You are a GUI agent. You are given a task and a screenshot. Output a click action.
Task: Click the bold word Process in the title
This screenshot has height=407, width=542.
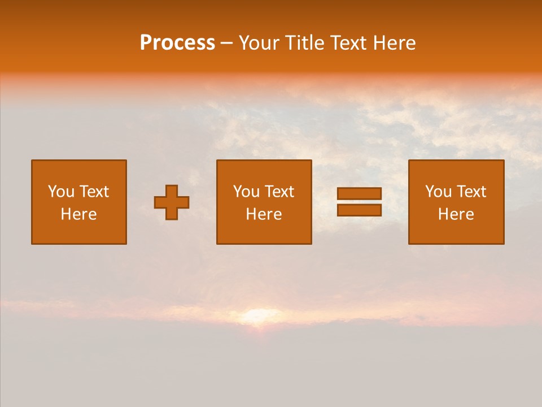[177, 43]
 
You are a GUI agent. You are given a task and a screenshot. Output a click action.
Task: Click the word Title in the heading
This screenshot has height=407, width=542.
[304, 43]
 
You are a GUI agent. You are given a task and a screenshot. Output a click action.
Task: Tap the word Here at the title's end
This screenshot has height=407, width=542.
[394, 43]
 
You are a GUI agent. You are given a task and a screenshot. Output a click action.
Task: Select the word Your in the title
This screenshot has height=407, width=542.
[259, 43]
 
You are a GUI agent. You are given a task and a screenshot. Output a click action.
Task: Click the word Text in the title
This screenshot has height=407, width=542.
[348, 43]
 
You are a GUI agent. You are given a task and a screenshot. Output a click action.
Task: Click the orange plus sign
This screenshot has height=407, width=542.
[172, 202]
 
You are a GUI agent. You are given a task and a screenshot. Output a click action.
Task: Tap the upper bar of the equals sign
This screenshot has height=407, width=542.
[359, 193]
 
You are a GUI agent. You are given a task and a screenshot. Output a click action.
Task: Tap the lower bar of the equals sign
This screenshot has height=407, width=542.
[359, 210]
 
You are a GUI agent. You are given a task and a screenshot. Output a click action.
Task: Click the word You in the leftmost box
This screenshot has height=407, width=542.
[60, 192]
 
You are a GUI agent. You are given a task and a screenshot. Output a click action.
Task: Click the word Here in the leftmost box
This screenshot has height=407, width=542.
[78, 214]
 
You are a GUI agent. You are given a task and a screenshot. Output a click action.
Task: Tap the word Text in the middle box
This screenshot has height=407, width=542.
[279, 192]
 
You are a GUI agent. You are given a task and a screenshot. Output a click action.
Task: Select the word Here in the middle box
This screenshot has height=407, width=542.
[264, 214]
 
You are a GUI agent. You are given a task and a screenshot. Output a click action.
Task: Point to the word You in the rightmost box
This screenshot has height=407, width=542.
[438, 192]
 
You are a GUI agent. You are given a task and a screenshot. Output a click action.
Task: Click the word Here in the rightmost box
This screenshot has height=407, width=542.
[456, 214]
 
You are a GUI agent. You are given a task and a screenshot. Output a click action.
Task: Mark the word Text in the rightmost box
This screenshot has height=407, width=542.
[471, 192]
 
